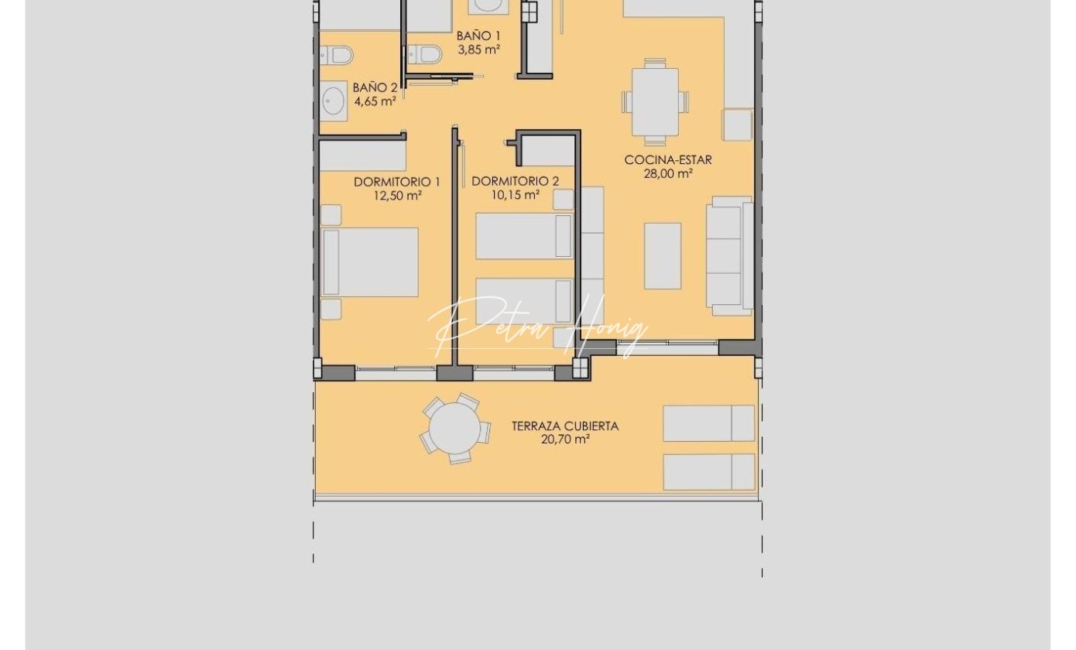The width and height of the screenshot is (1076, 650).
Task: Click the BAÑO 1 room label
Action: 478,36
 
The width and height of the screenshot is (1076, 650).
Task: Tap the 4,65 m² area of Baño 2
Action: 375,101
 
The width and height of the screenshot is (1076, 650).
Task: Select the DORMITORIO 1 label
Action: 397,182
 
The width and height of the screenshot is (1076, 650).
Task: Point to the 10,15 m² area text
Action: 515,195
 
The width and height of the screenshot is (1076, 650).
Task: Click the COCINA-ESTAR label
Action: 668,160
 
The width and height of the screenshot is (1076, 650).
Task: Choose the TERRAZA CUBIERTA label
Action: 565,426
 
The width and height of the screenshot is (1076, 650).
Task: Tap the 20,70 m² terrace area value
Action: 565,440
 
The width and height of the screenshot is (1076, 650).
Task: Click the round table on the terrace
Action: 454,428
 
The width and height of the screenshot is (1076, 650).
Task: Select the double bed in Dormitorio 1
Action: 369,262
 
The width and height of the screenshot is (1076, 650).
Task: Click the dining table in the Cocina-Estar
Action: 655,102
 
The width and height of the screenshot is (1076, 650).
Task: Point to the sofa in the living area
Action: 730,255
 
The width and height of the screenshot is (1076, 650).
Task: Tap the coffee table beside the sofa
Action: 663,256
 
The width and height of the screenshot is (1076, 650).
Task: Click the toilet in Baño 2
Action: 336,56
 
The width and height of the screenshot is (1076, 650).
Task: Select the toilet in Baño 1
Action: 425,55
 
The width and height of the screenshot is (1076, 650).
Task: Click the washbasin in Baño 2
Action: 334,101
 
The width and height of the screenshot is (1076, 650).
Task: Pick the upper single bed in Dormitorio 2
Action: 525,236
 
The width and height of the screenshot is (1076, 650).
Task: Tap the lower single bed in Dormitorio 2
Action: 525,301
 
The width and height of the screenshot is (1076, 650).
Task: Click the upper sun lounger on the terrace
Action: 708,423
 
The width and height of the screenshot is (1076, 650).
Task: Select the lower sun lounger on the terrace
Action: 708,472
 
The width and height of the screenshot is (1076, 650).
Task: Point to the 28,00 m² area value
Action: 668,173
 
